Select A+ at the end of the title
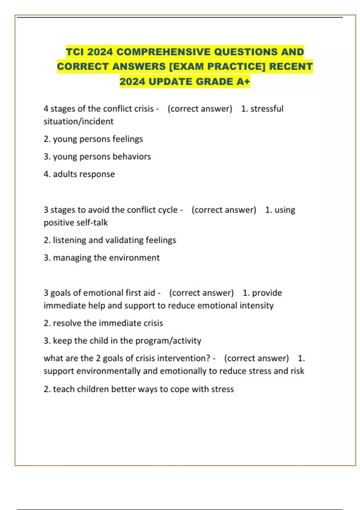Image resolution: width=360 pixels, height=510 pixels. coord(243,82)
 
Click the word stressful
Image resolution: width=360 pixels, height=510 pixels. coord(267,109)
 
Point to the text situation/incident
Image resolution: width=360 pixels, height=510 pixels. coord(78,121)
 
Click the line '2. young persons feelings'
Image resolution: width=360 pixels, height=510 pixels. coord(93,139)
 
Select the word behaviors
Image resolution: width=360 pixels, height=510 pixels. coord(132,157)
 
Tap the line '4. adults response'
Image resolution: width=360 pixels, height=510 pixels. coord(79,174)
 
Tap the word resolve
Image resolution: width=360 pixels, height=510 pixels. coord(67,323)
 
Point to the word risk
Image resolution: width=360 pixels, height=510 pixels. coord(297,371)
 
